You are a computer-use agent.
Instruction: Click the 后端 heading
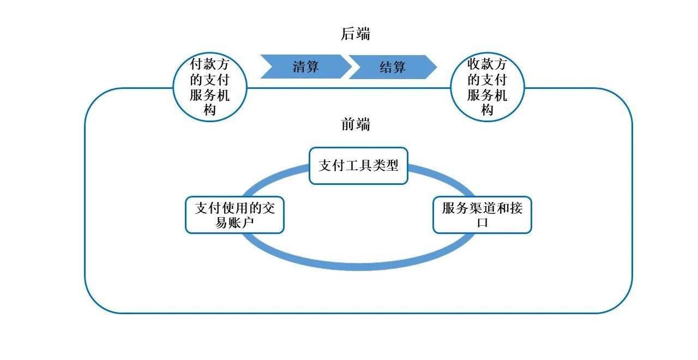356,34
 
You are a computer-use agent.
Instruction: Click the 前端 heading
356,124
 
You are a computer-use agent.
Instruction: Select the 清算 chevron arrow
305,67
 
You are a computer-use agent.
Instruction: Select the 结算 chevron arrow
393,67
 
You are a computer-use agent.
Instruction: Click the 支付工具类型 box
358,166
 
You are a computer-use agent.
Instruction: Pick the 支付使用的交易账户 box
234,215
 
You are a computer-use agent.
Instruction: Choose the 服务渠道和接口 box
482,215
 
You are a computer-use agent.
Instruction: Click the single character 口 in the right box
482,223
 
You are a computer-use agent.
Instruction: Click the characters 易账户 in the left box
234,223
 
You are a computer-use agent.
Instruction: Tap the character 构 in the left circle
210,110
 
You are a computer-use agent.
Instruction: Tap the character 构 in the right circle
487,110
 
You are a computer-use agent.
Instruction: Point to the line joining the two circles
349,88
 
